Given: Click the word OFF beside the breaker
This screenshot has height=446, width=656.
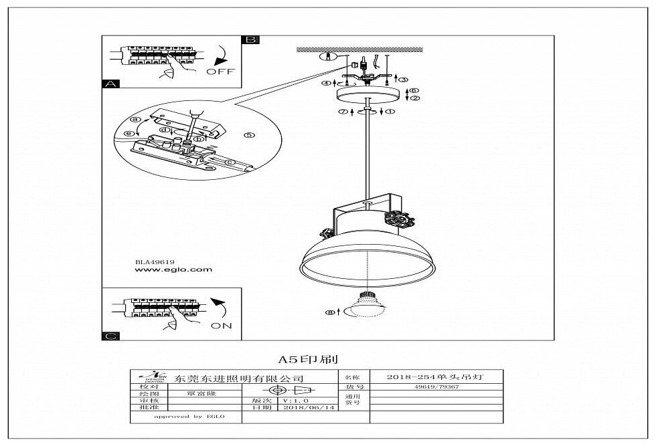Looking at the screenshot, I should (x=220, y=72).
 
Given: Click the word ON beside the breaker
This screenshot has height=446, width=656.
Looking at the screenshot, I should (x=221, y=326).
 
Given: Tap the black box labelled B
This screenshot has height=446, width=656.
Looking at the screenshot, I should (x=250, y=39).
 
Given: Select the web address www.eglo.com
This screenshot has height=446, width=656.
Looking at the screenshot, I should (x=173, y=270).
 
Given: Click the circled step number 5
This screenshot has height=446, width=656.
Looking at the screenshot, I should (x=249, y=134).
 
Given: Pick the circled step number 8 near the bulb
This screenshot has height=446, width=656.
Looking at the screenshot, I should (x=329, y=312).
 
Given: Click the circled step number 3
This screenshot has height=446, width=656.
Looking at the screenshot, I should (x=404, y=79).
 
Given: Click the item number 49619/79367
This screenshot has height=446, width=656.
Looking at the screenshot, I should (x=436, y=387).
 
